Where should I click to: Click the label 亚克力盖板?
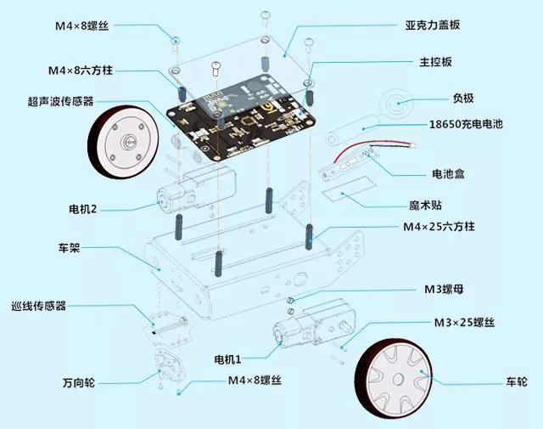tap(432, 25)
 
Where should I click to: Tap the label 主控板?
tap(435, 62)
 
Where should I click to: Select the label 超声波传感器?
tap(60, 101)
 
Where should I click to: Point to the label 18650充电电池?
tap(466, 124)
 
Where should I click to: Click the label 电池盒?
tap(448, 174)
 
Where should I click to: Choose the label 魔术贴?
tap(425, 206)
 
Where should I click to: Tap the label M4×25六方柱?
tap(439, 227)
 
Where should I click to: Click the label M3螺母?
tap(444, 289)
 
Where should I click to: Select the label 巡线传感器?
tap(38, 306)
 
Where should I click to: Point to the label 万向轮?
tap(79, 383)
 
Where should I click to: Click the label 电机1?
tap(227, 359)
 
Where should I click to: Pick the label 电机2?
tap(82, 209)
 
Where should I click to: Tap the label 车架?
tap(69, 247)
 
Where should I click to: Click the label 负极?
tap(463, 99)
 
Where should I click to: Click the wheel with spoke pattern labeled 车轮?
tap(394, 379)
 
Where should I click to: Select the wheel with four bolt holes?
tap(124, 142)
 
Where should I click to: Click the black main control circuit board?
tap(241, 116)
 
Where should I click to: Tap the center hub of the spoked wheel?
tap(398, 378)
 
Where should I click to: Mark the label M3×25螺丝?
tap(464, 323)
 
